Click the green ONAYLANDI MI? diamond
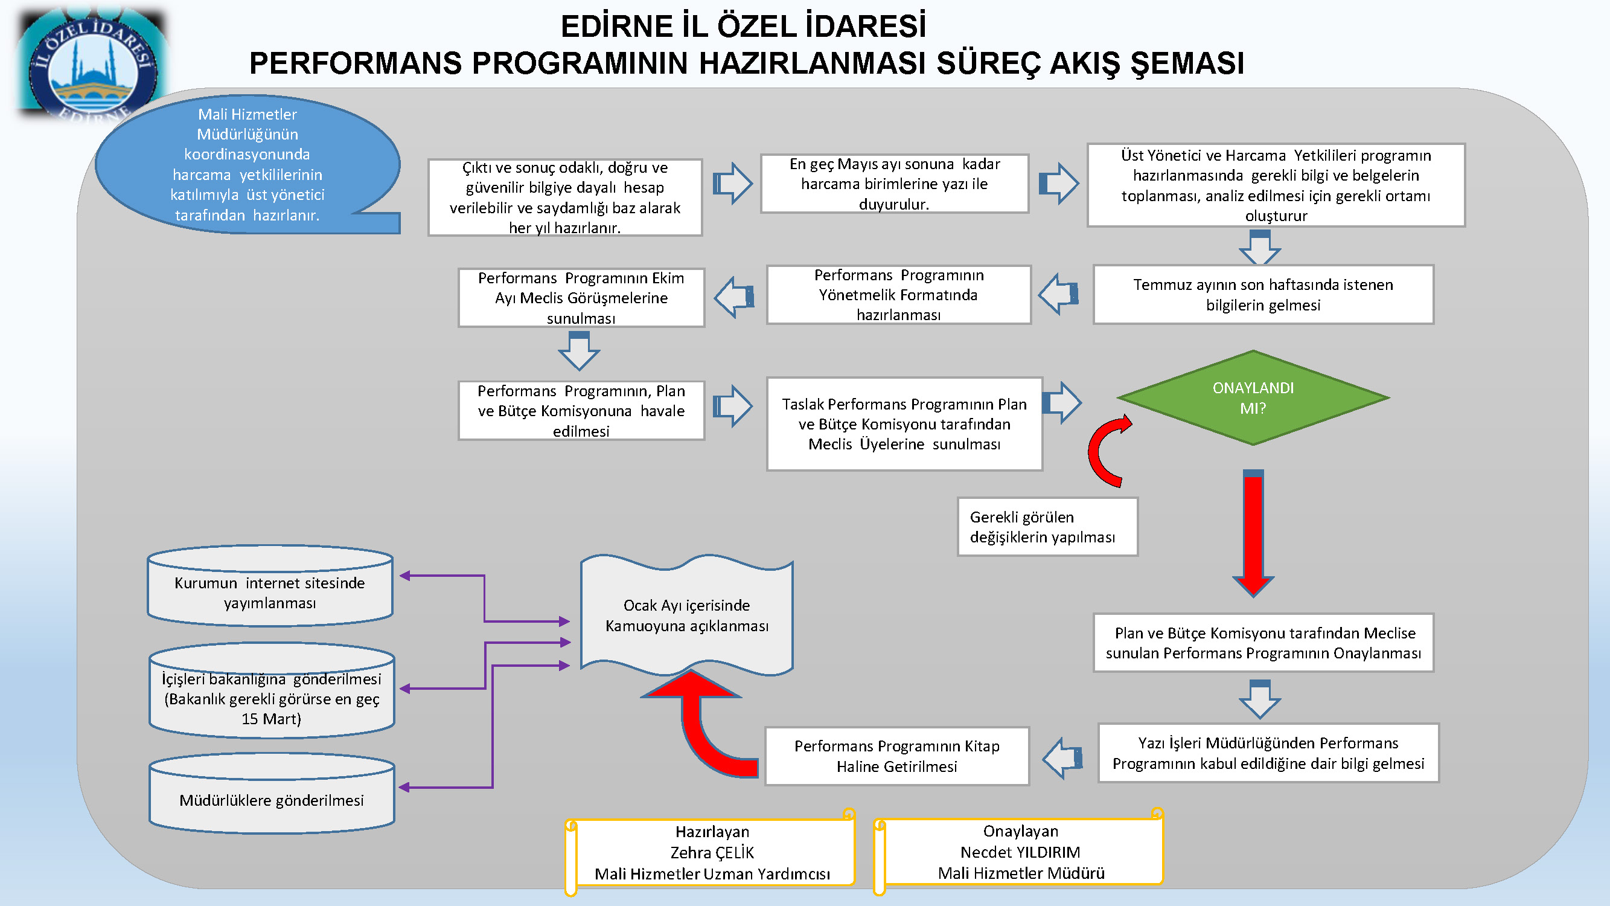pos(1253,397)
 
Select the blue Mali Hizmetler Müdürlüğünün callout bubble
pos(247,164)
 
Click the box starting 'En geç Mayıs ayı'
pos(895,184)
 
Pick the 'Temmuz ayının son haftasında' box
pos(1263,295)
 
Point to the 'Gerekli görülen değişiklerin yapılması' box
pos(1047,527)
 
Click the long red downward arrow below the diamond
pos(1253,533)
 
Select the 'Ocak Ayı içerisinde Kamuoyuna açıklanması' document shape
pos(687,615)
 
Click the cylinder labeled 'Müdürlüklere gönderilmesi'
pos(272,794)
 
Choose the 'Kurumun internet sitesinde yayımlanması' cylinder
pos(270,586)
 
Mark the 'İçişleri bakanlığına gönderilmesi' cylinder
pos(272,690)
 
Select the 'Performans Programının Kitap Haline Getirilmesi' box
pos(897,756)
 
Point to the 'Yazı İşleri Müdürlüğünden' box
pos(1268,753)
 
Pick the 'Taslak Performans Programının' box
pos(904,424)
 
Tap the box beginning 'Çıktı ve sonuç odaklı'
pos(565,197)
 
